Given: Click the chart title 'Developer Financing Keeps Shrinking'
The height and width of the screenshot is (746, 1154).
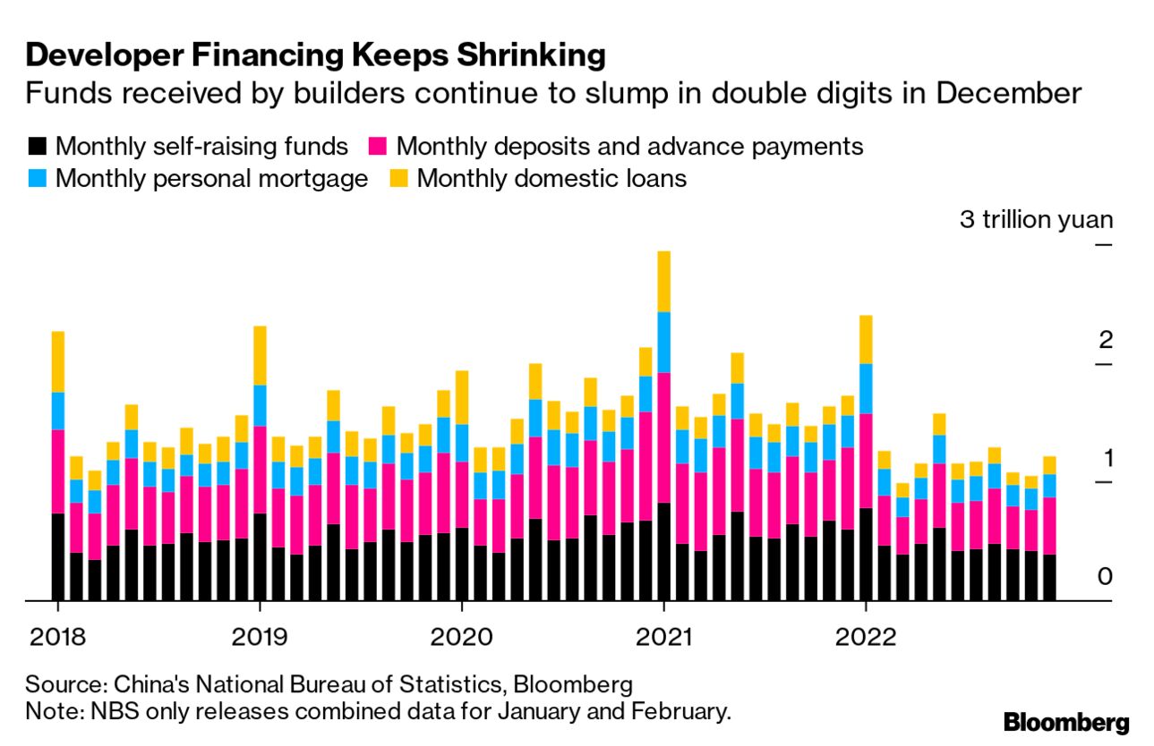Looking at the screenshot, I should tap(315, 55).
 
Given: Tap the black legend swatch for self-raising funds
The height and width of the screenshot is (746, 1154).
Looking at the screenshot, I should tap(37, 146).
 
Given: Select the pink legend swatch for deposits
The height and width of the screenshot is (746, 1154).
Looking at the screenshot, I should tap(379, 146).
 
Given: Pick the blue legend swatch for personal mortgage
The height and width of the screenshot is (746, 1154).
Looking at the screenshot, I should tap(37, 178).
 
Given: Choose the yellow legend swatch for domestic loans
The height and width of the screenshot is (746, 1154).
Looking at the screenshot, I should tap(398, 178).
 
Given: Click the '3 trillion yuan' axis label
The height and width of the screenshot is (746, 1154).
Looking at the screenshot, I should tap(1036, 219).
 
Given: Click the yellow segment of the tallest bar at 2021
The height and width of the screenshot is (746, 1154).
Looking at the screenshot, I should tap(663, 281).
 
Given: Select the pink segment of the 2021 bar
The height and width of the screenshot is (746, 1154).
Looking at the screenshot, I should tap(663, 437).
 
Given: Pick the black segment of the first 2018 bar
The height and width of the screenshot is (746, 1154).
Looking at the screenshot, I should tap(58, 556).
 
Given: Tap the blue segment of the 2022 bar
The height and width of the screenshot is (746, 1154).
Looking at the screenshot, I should tap(866, 388).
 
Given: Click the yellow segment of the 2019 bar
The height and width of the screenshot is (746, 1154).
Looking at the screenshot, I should tap(260, 355).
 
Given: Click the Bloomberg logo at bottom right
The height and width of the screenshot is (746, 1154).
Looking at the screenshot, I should tap(1065, 722).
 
